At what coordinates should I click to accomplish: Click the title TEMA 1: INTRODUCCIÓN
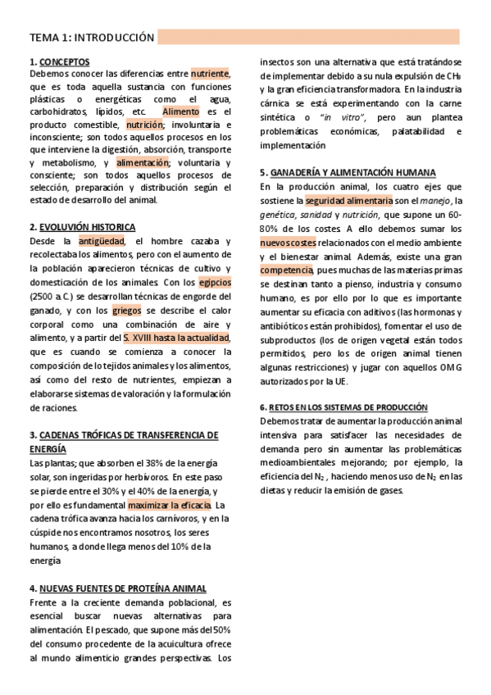pyautogui.click(x=92, y=38)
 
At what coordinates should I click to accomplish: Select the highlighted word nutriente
pyautogui.click(x=210, y=74)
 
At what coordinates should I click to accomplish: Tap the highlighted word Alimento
pyautogui.click(x=180, y=111)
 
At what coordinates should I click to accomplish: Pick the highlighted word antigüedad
pyautogui.click(x=101, y=242)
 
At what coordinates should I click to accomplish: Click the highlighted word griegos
pyautogui.click(x=127, y=311)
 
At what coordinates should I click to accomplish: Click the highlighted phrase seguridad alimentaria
pyautogui.click(x=339, y=201)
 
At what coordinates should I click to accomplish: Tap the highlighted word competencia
pyautogui.click(x=286, y=270)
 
